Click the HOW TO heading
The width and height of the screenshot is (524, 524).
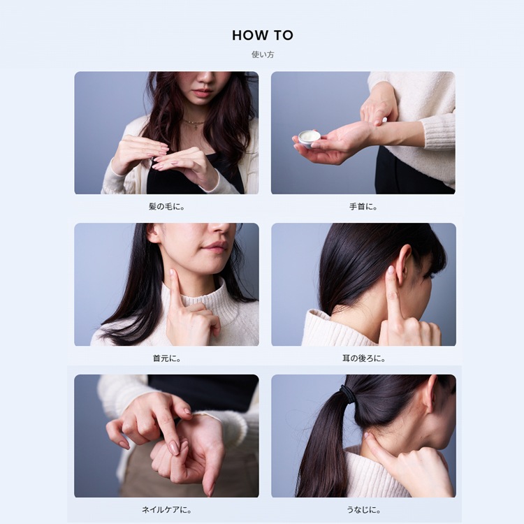(263, 35)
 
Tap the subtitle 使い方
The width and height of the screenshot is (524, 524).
(263, 54)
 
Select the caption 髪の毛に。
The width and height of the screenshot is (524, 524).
(166, 207)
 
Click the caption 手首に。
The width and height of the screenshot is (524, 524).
(363, 207)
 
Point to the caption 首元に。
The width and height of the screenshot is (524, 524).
(166, 358)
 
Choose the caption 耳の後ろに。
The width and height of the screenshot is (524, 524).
(363, 358)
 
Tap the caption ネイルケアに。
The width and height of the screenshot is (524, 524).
(166, 510)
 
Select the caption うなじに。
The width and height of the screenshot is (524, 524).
(363, 510)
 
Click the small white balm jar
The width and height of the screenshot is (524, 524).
(309, 138)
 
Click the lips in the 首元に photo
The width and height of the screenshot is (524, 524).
(216, 247)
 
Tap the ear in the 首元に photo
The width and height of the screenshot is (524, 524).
(154, 233)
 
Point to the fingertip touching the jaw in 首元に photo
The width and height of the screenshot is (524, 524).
(172, 272)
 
